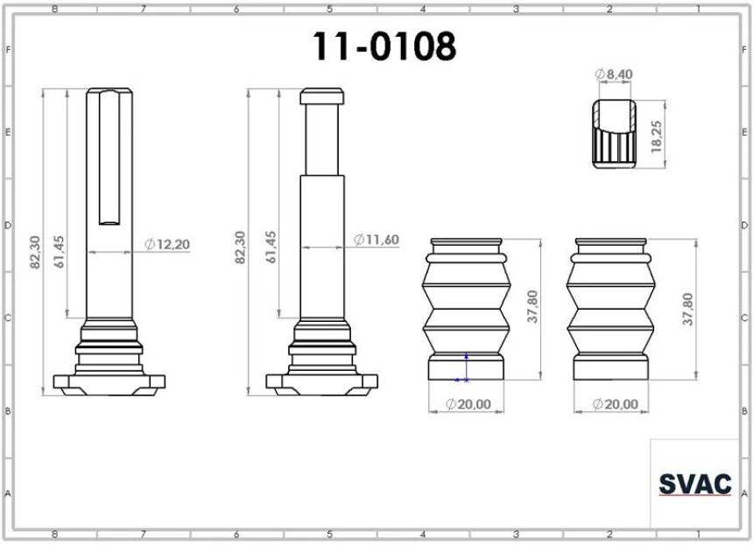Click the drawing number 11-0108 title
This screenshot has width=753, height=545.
tap(385, 46)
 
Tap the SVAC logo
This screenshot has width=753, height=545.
tap(693, 484)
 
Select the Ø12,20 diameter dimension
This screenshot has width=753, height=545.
tap(166, 244)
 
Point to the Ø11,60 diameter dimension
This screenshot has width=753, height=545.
tap(378, 240)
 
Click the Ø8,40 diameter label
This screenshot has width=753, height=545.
tap(614, 75)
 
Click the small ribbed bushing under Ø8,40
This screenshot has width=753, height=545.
tap(613, 136)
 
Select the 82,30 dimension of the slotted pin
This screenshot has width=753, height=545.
tap(36, 250)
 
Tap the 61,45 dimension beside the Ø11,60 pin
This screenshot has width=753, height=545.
tap(271, 248)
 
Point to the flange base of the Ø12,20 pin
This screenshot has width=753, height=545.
tap(109, 381)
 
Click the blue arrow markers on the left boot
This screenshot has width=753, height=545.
tap(464, 368)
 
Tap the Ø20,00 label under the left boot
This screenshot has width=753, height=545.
tap(468, 404)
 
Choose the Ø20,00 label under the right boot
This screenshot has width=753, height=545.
tap(615, 404)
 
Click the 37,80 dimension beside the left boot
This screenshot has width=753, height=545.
tap(532, 309)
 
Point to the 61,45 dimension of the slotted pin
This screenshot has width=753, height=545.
tap(60, 251)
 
